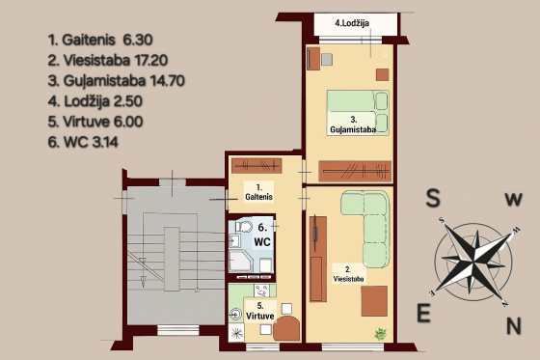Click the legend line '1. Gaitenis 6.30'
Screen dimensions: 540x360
100,40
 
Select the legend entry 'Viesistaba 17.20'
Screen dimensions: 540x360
108,61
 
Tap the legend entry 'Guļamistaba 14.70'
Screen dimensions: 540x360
117,81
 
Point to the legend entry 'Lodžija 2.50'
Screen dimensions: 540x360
95,101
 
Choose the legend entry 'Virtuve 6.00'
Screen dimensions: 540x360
95,122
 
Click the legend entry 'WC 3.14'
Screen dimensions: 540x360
83,142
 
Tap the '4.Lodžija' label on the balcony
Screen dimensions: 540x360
352,23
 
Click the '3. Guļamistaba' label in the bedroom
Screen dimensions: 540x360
353,125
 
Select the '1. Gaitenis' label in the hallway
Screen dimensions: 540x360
259,192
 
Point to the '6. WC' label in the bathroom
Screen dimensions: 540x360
262,235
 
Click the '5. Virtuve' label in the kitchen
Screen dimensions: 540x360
260,311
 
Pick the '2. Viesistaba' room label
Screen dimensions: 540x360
348,274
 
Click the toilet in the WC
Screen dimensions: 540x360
243,227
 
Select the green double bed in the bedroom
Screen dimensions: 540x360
358,113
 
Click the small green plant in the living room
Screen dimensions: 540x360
381,334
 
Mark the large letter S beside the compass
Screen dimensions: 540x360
433,198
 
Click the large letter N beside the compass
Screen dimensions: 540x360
514,325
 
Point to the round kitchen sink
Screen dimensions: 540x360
236,314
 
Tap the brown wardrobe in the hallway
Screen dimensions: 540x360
256,166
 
